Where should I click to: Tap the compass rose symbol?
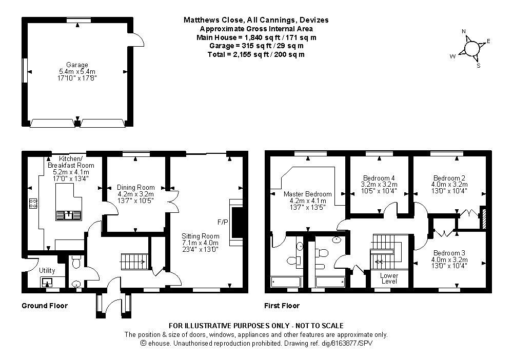(x=471, y=48)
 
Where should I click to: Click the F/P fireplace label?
(x=222, y=223)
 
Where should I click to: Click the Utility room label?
(x=47, y=270)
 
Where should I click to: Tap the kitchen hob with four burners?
(x=33, y=204)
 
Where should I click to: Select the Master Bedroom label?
(x=307, y=194)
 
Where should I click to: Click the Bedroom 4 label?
(x=379, y=178)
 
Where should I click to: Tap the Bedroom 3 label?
(x=449, y=253)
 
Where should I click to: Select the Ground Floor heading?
(x=44, y=306)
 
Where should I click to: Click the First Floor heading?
(x=282, y=306)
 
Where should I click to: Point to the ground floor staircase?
(x=134, y=262)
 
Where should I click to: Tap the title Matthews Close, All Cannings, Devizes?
(x=256, y=20)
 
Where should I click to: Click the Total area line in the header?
(x=256, y=54)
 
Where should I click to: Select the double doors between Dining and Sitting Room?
(x=175, y=201)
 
